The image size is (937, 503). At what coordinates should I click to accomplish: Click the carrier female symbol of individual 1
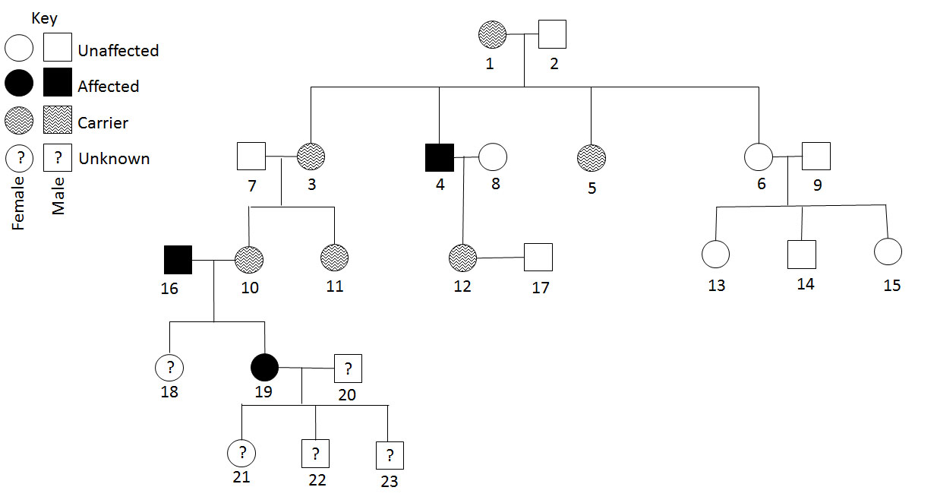click(x=492, y=34)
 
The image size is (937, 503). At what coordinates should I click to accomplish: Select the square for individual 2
click(x=552, y=34)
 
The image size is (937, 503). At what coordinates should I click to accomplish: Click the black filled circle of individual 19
click(x=264, y=369)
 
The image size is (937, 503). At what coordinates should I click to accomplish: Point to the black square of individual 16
click(x=178, y=260)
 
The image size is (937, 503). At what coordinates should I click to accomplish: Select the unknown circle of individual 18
click(x=170, y=369)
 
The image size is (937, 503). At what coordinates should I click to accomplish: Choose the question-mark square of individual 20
click(x=348, y=369)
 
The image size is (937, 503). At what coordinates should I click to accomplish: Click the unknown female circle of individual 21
click(x=241, y=454)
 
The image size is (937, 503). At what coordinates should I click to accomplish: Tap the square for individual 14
click(x=801, y=254)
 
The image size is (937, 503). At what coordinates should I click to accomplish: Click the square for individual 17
click(x=538, y=257)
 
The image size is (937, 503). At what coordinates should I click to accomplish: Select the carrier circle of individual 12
click(x=462, y=257)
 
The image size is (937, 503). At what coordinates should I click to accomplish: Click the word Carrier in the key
click(x=103, y=122)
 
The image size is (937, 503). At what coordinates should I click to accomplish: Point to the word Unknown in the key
click(x=114, y=159)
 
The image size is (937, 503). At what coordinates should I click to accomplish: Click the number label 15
click(x=892, y=286)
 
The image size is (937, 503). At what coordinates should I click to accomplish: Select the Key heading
click(x=44, y=18)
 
